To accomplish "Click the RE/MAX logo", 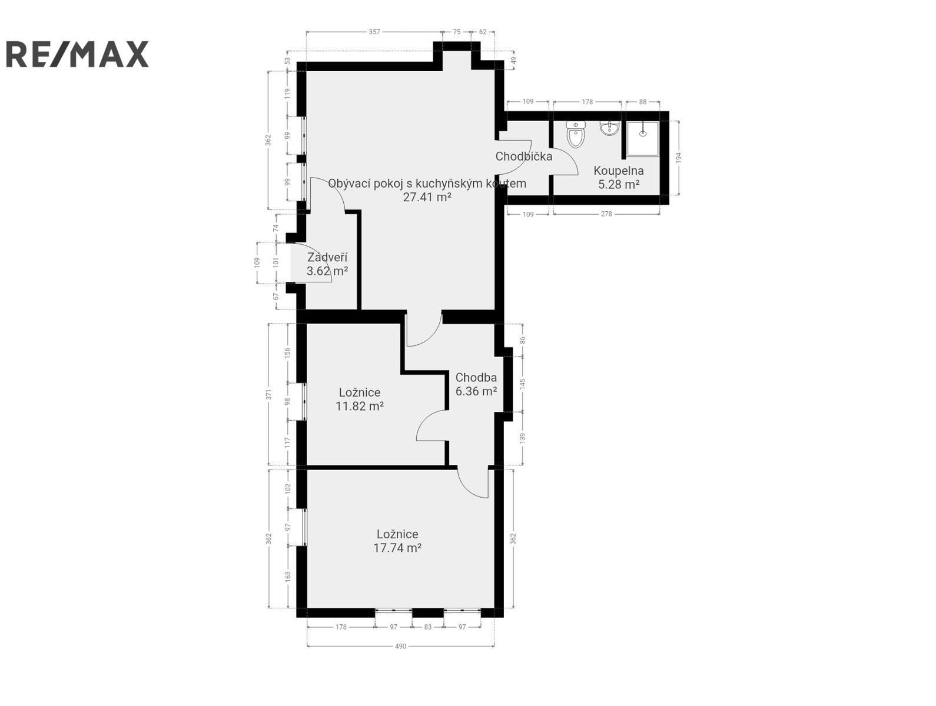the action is pyautogui.click(x=77, y=54).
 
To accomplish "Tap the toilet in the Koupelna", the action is pyautogui.click(x=576, y=134).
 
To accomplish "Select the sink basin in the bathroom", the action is pyautogui.click(x=609, y=128).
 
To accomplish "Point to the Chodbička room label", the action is pyautogui.click(x=524, y=156).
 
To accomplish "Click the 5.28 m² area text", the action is pyautogui.click(x=619, y=185).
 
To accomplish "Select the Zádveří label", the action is pyautogui.click(x=327, y=257).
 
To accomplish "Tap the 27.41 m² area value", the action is pyautogui.click(x=427, y=197).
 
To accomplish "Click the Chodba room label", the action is pyautogui.click(x=476, y=378).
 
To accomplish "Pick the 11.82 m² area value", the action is pyautogui.click(x=360, y=406).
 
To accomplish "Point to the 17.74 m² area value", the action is pyautogui.click(x=397, y=548).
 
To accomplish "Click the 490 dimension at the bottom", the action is pyautogui.click(x=400, y=647).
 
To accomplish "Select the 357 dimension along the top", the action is pyautogui.click(x=374, y=32).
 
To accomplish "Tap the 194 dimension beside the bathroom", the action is pyautogui.click(x=679, y=157).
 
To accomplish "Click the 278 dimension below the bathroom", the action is pyautogui.click(x=606, y=214).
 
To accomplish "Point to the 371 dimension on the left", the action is pyautogui.click(x=268, y=395).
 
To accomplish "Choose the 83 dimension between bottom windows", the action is pyautogui.click(x=428, y=627).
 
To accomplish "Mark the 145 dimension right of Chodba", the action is pyautogui.click(x=523, y=384).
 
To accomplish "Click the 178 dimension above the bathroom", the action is pyautogui.click(x=587, y=102).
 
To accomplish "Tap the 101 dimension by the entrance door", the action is pyautogui.click(x=276, y=262).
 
